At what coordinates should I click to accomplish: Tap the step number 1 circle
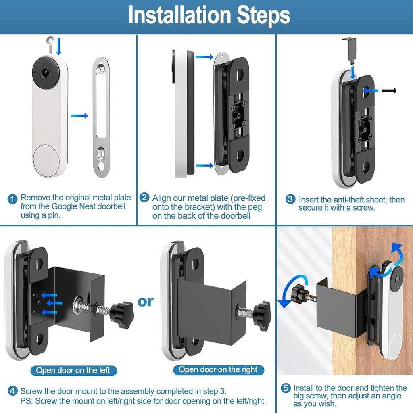pyautogui.click(x=13, y=199)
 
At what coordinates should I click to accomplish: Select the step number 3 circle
pyautogui.click(x=290, y=199)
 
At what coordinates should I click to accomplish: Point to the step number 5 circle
pyautogui.click(x=286, y=388)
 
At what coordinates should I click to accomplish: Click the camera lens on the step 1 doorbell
pyautogui.click(x=44, y=73)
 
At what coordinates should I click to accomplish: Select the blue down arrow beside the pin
pyautogui.click(x=59, y=46)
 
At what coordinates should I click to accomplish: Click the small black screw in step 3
pyautogui.click(x=389, y=91)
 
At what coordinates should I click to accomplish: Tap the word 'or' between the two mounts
pyautogui.click(x=145, y=302)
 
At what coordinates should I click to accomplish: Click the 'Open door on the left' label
pyautogui.click(x=73, y=370)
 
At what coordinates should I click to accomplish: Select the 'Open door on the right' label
pyautogui.click(x=218, y=369)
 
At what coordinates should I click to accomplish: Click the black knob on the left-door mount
pyautogui.click(x=121, y=315)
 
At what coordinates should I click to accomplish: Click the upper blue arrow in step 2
pyautogui.click(x=204, y=56)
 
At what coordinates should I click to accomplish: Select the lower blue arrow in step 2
pyautogui.click(x=204, y=165)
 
